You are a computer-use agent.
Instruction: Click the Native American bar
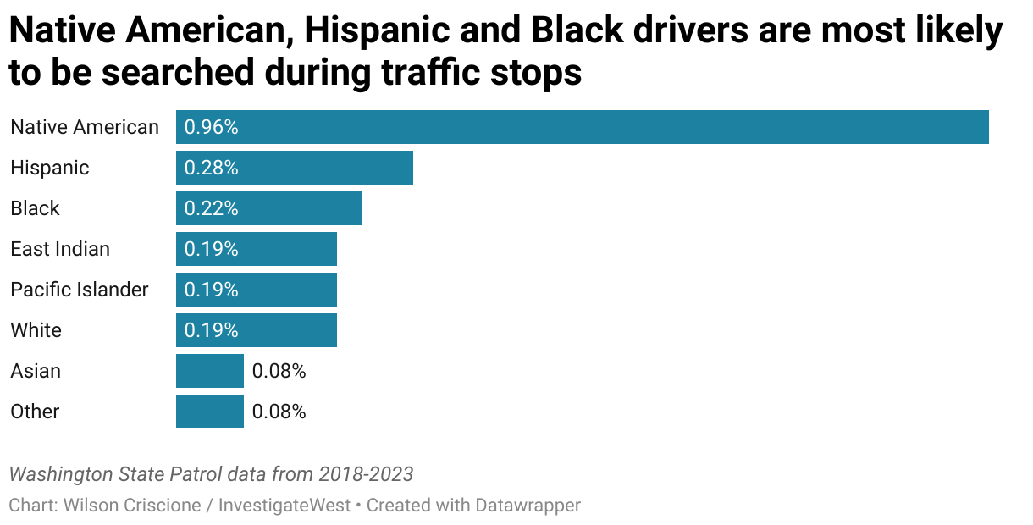583,127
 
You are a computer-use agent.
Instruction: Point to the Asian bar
210,371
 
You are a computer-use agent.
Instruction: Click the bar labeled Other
210,412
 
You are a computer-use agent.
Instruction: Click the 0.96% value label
212,127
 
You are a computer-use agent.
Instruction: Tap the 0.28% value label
212,168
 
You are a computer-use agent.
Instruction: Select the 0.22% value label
212,208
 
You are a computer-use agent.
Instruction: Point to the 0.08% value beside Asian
279,371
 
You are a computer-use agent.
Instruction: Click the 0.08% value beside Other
279,412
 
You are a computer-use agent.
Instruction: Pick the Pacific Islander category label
80,290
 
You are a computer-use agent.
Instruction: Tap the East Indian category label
60,249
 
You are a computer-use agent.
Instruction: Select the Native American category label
85,127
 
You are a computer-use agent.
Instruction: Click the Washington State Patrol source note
211,473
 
